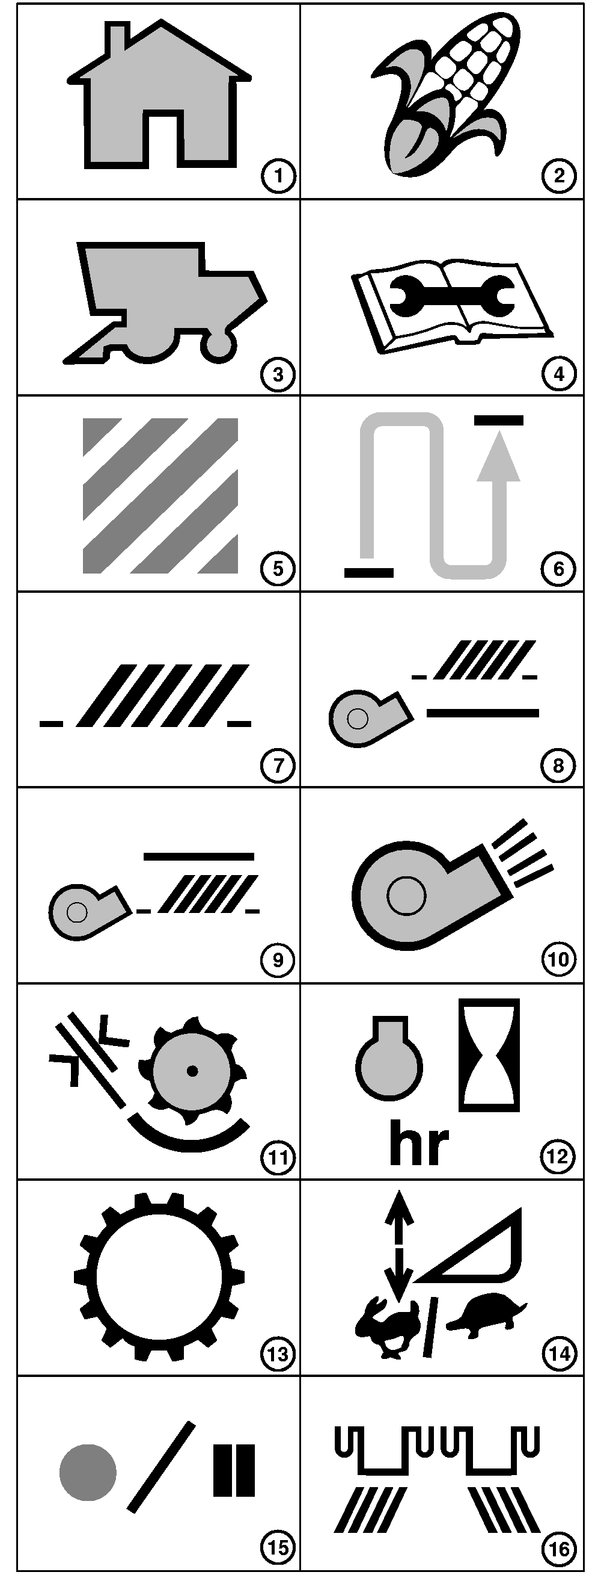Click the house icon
159,98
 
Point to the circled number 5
278,569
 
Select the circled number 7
278,765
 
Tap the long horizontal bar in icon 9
198,856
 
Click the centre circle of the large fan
406,896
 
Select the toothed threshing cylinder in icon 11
192,1071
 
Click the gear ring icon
159,1277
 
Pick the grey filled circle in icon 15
88,1473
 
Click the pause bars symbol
234,1470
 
